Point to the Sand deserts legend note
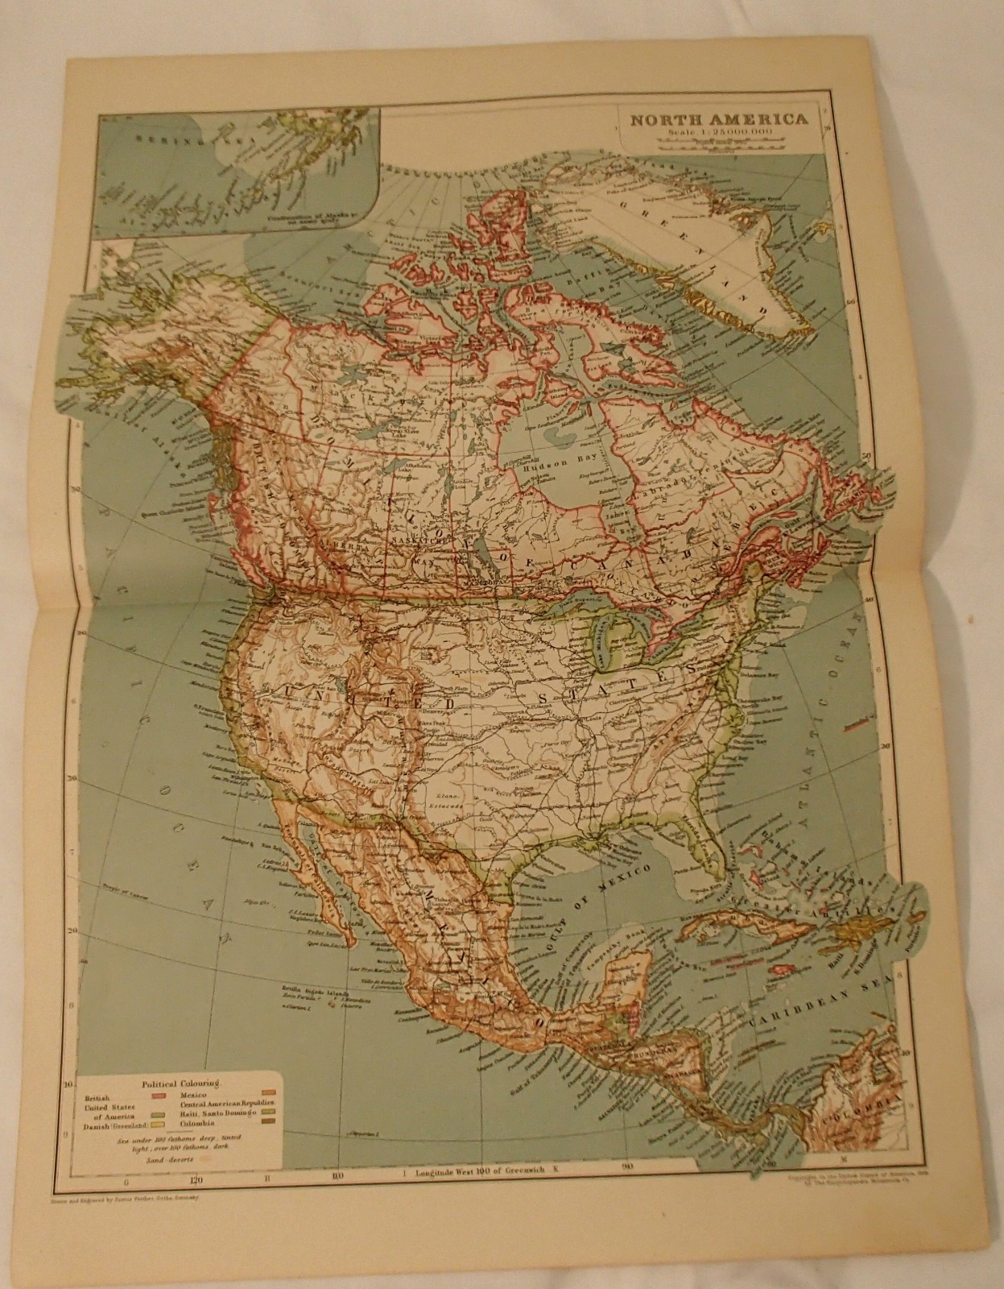164,1158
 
